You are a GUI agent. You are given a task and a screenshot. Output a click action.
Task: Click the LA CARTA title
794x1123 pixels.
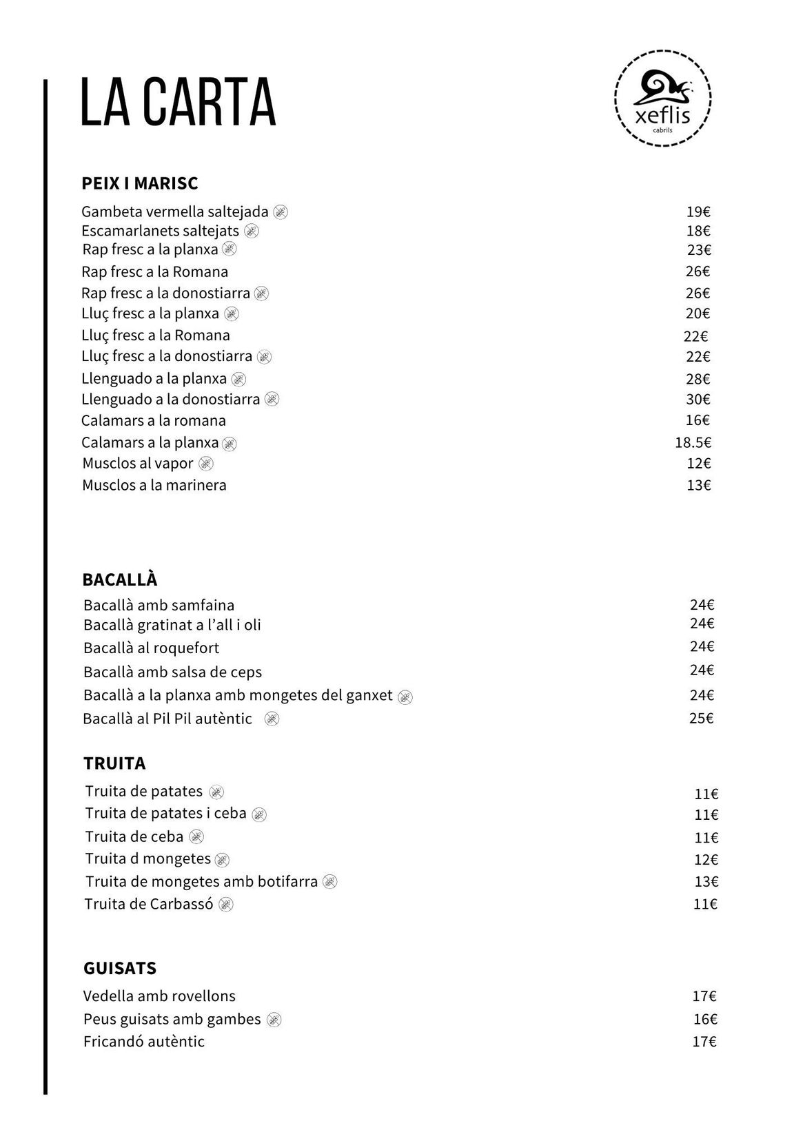(x=178, y=103)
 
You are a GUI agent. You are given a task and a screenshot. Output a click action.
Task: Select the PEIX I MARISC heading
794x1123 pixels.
(x=140, y=183)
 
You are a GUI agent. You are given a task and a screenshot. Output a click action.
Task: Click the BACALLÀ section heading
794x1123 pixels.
(x=120, y=579)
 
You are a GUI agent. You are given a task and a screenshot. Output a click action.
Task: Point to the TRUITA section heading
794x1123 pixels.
(x=114, y=763)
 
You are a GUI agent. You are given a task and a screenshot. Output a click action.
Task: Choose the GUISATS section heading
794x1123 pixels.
(x=120, y=968)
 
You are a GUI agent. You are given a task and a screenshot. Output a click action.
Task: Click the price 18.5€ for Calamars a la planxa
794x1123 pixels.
(x=693, y=442)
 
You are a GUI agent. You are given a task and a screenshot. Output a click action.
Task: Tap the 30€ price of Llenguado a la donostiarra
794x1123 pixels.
(x=698, y=400)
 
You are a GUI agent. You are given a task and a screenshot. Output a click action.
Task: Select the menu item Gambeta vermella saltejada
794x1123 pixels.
(x=174, y=212)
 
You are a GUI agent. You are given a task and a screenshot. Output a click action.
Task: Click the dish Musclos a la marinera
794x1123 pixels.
(x=154, y=485)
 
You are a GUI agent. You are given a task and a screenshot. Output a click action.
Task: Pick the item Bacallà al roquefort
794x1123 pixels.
(x=152, y=648)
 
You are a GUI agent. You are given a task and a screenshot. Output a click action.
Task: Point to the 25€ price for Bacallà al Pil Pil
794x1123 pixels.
(x=701, y=718)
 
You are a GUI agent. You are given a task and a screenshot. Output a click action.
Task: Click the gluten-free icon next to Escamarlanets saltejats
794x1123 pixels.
(x=252, y=231)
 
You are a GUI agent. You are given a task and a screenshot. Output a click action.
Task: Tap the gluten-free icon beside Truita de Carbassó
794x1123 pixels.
(x=226, y=904)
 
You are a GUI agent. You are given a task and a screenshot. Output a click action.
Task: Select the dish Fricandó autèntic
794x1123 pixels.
(x=144, y=1041)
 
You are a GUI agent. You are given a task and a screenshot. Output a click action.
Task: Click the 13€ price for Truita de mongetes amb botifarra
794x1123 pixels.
(x=706, y=881)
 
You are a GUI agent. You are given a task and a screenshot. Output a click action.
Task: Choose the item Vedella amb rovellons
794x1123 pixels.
(x=159, y=996)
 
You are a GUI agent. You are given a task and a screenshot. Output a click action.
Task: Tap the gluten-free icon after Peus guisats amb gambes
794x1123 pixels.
(x=274, y=1020)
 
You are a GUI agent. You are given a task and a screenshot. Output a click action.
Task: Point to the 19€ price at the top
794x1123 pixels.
(x=698, y=212)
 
